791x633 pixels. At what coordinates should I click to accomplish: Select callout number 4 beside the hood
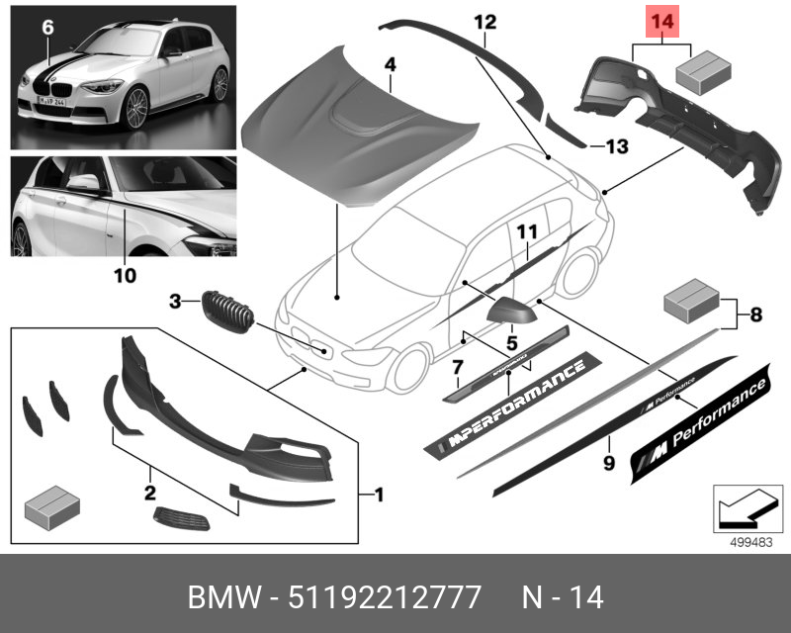pos(390,64)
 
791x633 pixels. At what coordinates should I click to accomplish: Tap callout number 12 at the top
pos(484,22)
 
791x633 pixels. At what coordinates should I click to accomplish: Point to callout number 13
pos(616,147)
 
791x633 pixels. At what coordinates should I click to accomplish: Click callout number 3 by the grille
pos(175,301)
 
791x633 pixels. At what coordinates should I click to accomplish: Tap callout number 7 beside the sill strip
pos(457,368)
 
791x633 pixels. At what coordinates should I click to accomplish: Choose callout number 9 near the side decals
pos(609,462)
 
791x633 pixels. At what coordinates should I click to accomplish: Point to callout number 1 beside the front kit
pos(378,493)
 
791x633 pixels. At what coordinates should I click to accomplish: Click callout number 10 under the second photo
pos(124,276)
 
